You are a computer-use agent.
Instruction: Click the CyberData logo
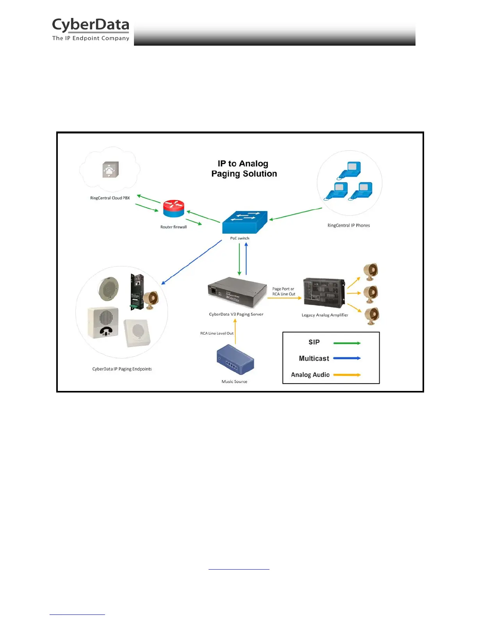coord(91,29)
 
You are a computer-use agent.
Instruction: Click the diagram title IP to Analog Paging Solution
coord(244,169)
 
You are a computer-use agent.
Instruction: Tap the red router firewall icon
coord(174,209)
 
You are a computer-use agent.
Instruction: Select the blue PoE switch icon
coord(245,222)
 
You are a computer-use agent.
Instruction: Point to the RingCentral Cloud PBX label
coord(110,198)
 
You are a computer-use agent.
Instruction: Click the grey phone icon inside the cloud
coord(110,170)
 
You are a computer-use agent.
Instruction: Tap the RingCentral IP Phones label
coord(348,226)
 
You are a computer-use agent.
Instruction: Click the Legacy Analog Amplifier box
coord(324,293)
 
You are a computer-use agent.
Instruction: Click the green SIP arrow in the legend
coord(347,343)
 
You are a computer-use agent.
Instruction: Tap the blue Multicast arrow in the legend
coord(347,358)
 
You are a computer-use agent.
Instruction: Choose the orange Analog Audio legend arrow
coord(347,375)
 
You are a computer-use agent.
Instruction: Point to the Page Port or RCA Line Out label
coord(284,291)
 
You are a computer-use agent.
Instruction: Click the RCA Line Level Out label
coord(217,333)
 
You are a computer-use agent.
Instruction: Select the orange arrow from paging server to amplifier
coord(284,298)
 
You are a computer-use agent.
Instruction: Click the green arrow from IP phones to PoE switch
coord(296,214)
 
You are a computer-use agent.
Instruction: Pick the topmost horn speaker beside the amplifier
coord(371,272)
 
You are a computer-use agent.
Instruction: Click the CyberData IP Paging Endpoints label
coord(122,369)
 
